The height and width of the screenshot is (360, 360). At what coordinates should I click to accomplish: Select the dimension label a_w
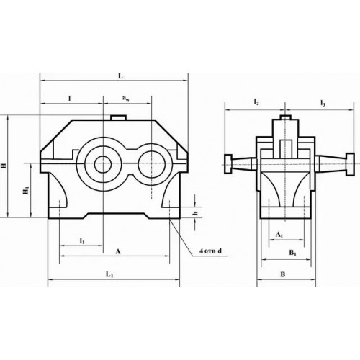pos(126,96)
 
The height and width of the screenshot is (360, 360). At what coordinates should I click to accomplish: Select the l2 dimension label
pos(256,104)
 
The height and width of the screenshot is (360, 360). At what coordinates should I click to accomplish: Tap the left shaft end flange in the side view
pos(228,163)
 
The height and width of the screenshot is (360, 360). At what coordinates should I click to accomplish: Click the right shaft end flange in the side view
pos(348,163)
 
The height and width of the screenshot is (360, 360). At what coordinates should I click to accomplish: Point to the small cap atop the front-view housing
pos(117,117)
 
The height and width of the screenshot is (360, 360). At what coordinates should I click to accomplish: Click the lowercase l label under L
pos(69,96)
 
